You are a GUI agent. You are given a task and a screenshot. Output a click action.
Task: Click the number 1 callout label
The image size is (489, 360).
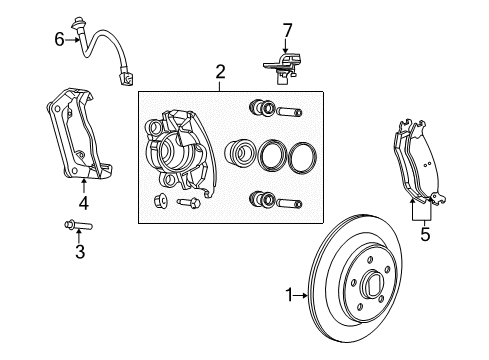pyautogui.click(x=288, y=294)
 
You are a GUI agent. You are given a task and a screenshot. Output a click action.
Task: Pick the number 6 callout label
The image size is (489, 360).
pyautogui.click(x=59, y=39)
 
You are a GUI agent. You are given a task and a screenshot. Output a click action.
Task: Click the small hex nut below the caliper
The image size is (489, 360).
pyautogui.click(x=160, y=204)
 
